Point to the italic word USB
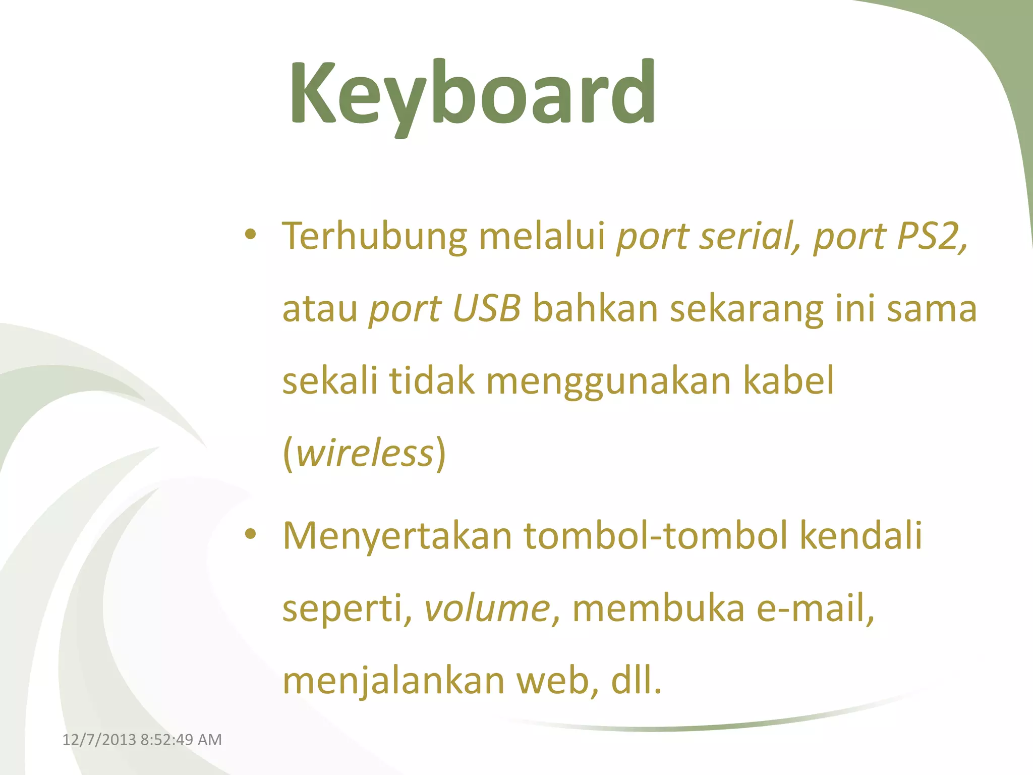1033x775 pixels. point(487,308)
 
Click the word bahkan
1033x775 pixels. point(595,308)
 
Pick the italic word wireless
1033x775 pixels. point(365,453)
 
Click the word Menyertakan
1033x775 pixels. point(397,536)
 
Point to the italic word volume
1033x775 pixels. point(487,608)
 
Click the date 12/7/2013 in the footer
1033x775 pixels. point(99,740)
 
